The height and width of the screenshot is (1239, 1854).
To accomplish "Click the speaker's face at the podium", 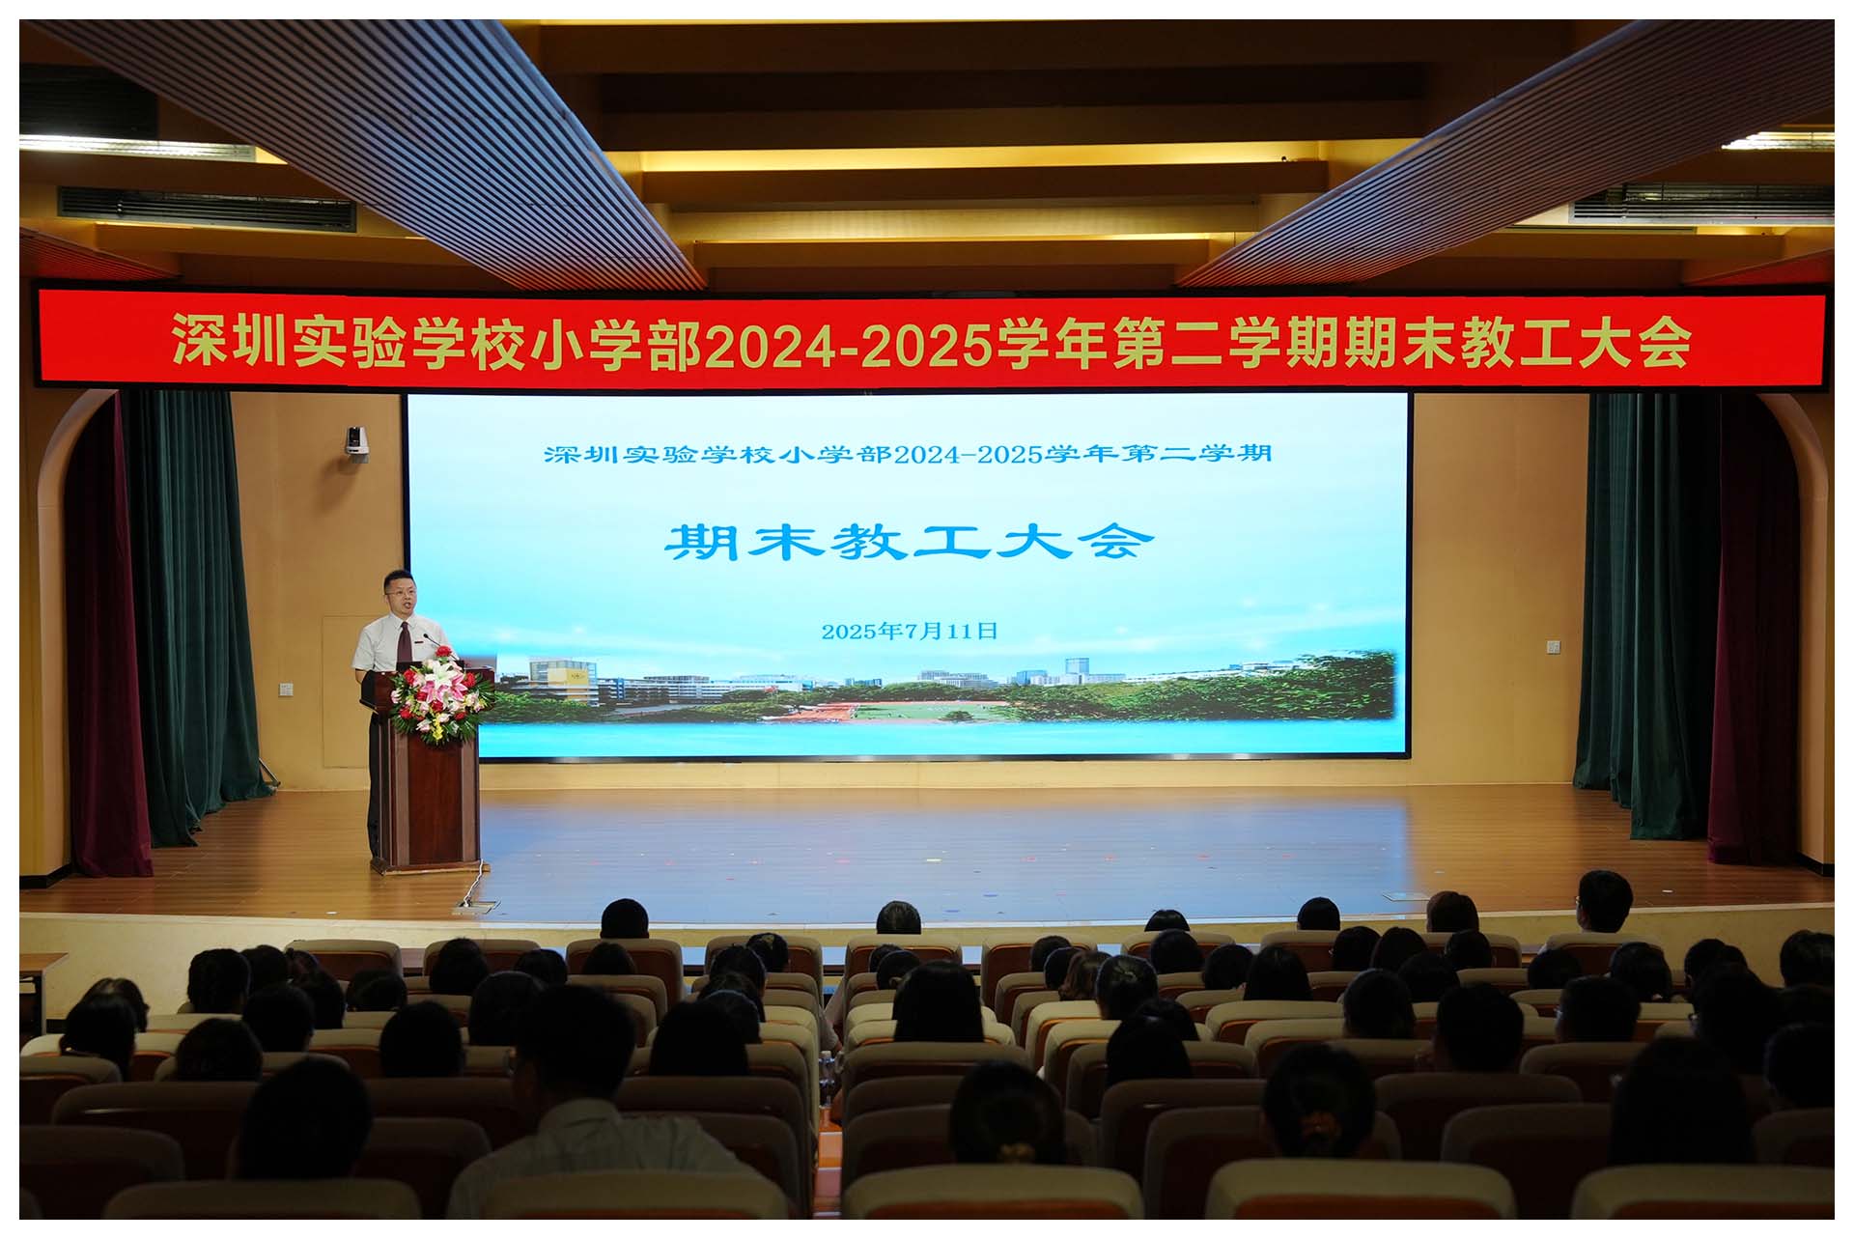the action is click(x=400, y=595).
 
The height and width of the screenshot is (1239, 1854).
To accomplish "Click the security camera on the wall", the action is click(x=356, y=442).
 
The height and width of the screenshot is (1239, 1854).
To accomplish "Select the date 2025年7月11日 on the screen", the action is click(x=910, y=631).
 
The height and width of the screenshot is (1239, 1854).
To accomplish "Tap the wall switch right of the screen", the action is click(x=1554, y=645).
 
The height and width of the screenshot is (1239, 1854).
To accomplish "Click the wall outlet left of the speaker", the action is click(x=286, y=689).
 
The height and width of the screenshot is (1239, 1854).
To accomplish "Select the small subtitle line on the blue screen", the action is click(x=908, y=454).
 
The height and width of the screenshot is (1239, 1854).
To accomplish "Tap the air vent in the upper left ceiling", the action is click(x=207, y=209).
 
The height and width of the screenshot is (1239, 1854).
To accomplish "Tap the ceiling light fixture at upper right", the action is click(x=1777, y=141).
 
